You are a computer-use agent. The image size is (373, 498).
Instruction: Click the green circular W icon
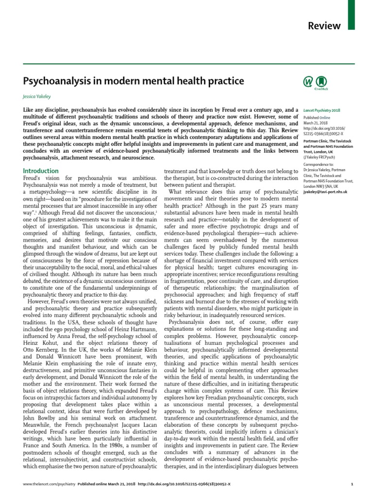click(x=308, y=82)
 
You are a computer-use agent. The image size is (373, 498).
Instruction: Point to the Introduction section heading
click(x=41, y=171)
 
